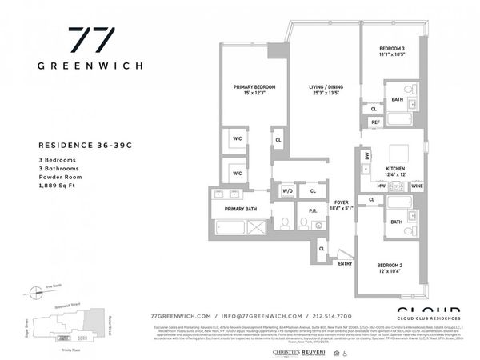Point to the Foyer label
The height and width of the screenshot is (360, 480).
pos(342,202)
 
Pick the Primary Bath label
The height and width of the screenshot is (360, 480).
pos(240,209)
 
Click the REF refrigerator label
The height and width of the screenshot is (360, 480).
pos(374,122)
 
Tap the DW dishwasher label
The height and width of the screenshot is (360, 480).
pos(366,157)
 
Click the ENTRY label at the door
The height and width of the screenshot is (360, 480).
pos(345,263)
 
